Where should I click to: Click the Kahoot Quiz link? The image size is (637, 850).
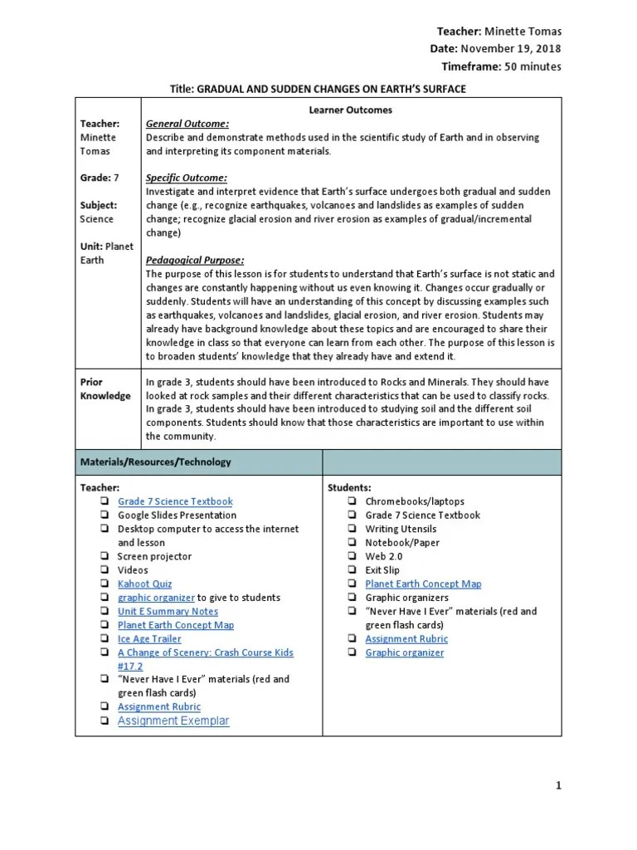click(x=145, y=584)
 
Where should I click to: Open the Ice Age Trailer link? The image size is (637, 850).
click(x=149, y=639)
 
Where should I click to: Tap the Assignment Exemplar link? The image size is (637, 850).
click(x=173, y=721)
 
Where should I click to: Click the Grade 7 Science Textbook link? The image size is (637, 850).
click(x=175, y=501)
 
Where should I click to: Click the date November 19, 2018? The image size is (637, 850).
click(x=510, y=49)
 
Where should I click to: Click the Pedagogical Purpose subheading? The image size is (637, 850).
click(x=195, y=260)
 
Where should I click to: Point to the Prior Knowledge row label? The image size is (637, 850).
click(x=105, y=388)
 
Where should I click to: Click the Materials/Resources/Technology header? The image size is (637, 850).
click(x=155, y=462)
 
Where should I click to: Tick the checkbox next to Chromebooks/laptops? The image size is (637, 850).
click(x=353, y=501)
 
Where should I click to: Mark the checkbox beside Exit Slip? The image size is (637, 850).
click(x=353, y=570)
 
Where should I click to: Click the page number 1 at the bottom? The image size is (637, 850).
click(x=558, y=786)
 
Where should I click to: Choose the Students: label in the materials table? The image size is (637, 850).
click(x=350, y=487)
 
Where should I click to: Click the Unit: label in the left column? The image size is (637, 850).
click(x=91, y=247)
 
